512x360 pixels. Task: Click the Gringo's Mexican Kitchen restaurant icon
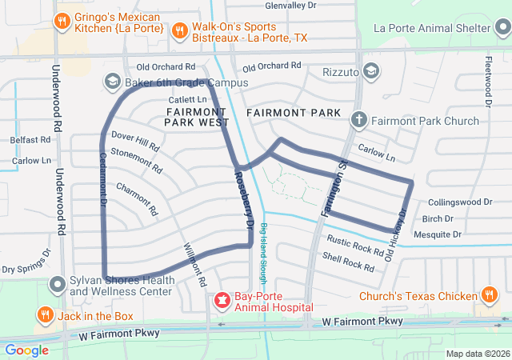pos(61,20)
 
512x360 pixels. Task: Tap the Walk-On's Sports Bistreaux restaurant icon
pos(180,30)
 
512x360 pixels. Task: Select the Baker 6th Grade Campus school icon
pos(112,82)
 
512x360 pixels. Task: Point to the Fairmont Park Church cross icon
pos(359,121)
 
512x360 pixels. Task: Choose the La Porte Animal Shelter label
pos(442,30)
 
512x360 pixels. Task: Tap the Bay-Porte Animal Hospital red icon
pos(221,301)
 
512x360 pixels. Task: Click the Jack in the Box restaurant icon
pos(46,315)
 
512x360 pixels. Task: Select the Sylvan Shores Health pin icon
pos(58,284)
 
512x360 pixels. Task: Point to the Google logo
pos(26,350)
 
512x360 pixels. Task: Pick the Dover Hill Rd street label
pos(135,142)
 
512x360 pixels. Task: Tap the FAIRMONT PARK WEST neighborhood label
pos(197,117)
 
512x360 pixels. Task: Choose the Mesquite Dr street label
pos(438,234)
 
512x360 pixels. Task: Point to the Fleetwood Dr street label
pos(487,81)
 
